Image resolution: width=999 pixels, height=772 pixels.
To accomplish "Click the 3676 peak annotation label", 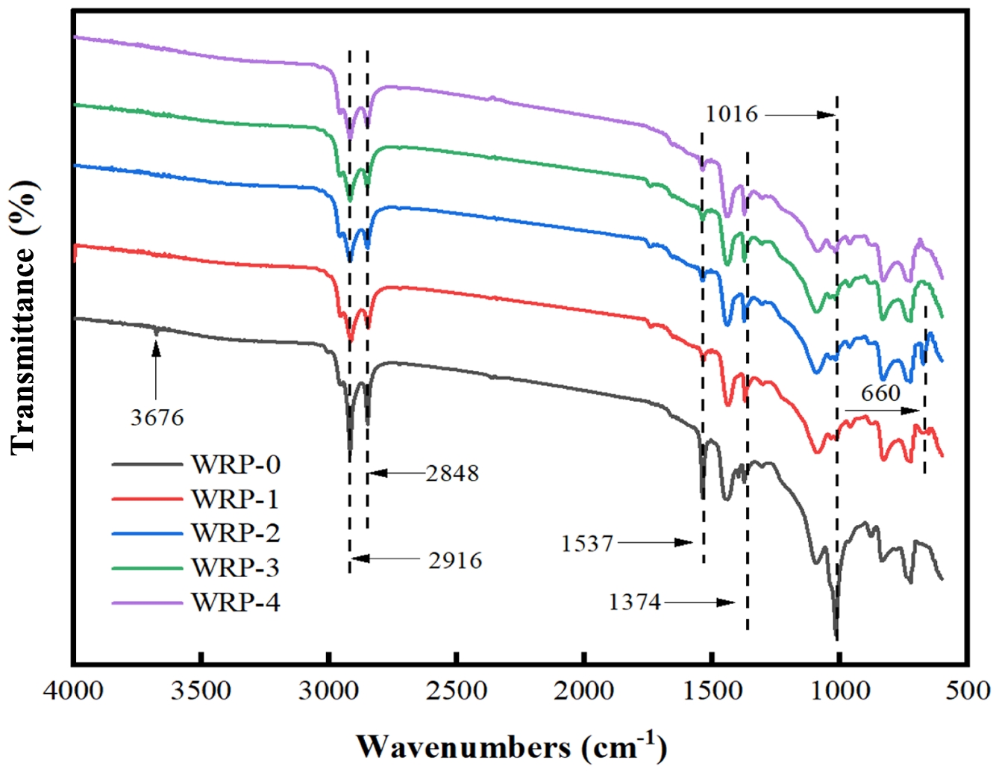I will click(x=157, y=417).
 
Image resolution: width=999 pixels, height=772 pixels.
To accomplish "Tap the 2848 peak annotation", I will click(x=452, y=473).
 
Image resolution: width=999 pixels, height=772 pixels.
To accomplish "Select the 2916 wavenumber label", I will click(x=455, y=560).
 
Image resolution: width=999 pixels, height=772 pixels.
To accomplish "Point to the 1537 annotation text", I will click(x=587, y=543).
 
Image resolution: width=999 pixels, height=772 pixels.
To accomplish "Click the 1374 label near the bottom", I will click(x=634, y=602).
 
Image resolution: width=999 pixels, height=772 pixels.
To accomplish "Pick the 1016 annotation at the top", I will click(x=731, y=114).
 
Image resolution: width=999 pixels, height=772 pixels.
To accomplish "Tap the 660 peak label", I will click(x=880, y=393).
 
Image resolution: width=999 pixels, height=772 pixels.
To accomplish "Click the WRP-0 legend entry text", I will click(x=236, y=464).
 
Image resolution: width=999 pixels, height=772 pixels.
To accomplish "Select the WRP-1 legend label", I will click(x=236, y=499).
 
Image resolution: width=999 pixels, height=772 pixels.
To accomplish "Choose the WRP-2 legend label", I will click(x=236, y=533).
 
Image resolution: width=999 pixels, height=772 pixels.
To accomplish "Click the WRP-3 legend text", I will click(x=236, y=567).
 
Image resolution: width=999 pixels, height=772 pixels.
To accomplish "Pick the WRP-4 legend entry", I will click(x=236, y=602).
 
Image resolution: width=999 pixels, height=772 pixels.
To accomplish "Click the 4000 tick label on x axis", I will click(x=73, y=691).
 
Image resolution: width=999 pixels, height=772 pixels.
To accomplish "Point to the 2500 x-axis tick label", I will click(x=457, y=691).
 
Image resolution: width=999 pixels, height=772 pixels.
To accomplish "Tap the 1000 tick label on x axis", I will click(x=840, y=691).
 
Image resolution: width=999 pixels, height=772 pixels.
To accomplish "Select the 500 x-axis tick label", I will click(x=968, y=691).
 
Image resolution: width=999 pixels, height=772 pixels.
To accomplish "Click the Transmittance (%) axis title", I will click(x=24, y=317).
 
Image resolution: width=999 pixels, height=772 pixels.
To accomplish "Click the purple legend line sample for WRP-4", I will click(x=147, y=602).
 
